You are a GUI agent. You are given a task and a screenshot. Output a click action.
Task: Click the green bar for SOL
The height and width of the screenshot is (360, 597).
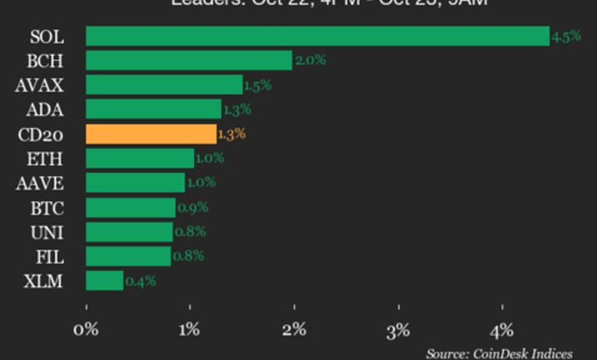(x=317, y=36)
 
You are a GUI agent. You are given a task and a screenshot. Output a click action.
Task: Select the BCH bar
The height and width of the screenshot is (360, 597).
(x=188, y=61)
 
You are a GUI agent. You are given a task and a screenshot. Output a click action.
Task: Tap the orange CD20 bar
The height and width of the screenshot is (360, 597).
(x=151, y=134)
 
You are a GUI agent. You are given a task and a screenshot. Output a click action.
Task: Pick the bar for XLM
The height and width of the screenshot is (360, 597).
(x=104, y=281)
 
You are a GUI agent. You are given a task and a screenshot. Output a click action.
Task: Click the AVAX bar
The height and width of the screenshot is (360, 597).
(x=164, y=85)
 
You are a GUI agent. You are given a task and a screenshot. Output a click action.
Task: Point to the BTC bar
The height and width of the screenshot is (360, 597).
(x=130, y=208)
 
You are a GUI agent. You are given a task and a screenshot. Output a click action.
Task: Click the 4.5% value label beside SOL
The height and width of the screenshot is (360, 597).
(x=566, y=37)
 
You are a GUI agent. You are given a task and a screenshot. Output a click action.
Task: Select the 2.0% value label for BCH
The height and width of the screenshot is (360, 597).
(x=310, y=61)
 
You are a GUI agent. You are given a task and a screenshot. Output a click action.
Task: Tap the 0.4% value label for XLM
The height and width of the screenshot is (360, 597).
(x=140, y=281)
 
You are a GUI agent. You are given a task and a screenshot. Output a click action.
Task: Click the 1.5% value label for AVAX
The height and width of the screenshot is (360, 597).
(x=257, y=85)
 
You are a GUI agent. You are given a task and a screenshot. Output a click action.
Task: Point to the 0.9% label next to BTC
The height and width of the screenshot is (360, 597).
(x=193, y=208)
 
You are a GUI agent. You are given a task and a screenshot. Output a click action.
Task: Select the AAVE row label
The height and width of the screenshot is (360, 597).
(x=40, y=183)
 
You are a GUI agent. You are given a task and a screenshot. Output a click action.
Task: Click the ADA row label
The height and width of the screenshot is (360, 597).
(x=44, y=110)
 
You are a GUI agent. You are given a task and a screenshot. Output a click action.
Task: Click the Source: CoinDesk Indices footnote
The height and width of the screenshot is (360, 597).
(x=499, y=353)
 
